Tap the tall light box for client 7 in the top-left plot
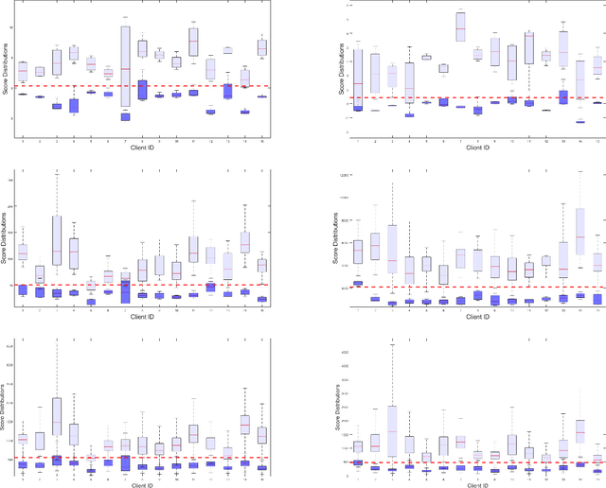(x=125, y=71)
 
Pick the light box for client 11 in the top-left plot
(x=193, y=42)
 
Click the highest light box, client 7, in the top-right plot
(x=460, y=26)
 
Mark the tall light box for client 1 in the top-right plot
(x=358, y=78)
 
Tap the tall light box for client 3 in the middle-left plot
(x=57, y=240)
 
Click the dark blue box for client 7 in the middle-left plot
(x=125, y=291)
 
